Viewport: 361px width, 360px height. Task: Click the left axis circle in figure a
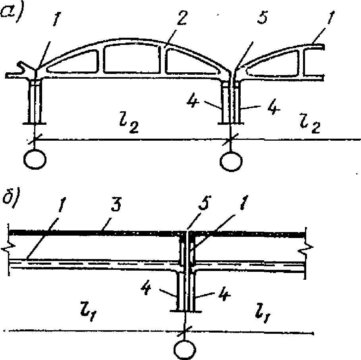[x=35, y=160]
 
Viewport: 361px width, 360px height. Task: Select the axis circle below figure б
[x=185, y=348]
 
